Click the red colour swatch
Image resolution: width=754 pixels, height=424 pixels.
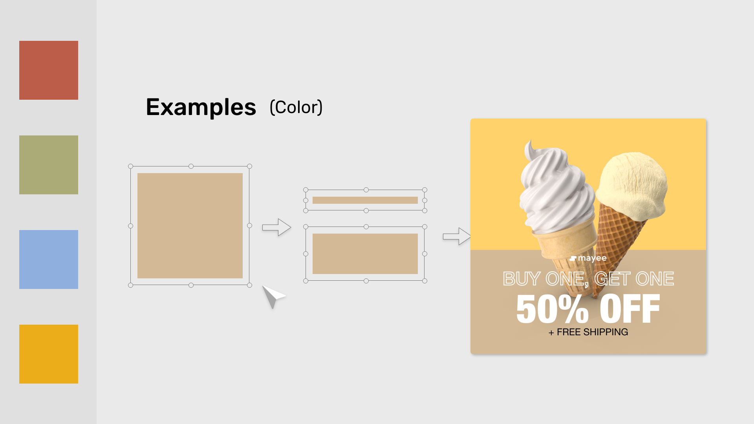(49, 70)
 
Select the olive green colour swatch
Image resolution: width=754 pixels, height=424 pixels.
(49, 165)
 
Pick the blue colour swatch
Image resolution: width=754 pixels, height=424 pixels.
(49, 260)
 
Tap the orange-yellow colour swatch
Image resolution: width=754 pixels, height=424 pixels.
(49, 354)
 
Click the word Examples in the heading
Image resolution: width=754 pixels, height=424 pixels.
(201, 107)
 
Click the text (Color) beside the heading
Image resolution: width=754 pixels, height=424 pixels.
(296, 107)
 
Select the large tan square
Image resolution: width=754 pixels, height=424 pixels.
(190, 226)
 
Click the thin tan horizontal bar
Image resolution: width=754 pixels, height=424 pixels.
(365, 200)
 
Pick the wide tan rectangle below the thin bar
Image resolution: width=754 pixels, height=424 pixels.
(365, 254)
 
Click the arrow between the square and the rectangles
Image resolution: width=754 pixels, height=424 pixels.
(276, 227)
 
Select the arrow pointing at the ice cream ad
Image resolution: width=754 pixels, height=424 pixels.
(457, 236)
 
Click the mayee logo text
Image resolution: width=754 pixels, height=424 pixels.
(588, 258)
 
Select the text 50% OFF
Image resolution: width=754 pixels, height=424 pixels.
(588, 309)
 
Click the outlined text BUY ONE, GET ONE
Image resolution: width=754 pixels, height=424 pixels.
(588, 279)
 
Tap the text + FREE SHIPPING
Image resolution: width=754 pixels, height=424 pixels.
(588, 332)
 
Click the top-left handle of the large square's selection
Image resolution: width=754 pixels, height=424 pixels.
(131, 166)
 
